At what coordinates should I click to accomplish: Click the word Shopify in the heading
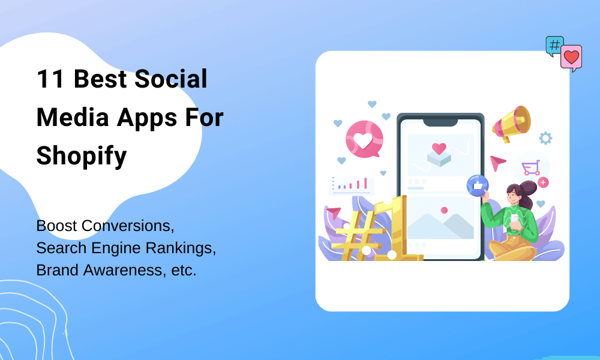click(x=82, y=156)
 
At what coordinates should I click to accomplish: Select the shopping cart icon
click(x=530, y=167)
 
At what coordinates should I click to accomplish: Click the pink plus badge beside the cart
click(x=543, y=182)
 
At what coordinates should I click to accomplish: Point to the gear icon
click(x=545, y=139)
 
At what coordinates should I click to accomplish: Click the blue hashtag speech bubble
click(x=554, y=46)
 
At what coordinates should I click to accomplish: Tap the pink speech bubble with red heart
click(x=571, y=58)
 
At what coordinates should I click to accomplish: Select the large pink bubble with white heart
click(x=364, y=139)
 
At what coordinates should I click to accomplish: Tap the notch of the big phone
click(x=440, y=122)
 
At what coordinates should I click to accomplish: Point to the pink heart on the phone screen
click(x=439, y=148)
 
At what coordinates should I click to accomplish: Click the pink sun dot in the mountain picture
click(x=444, y=210)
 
